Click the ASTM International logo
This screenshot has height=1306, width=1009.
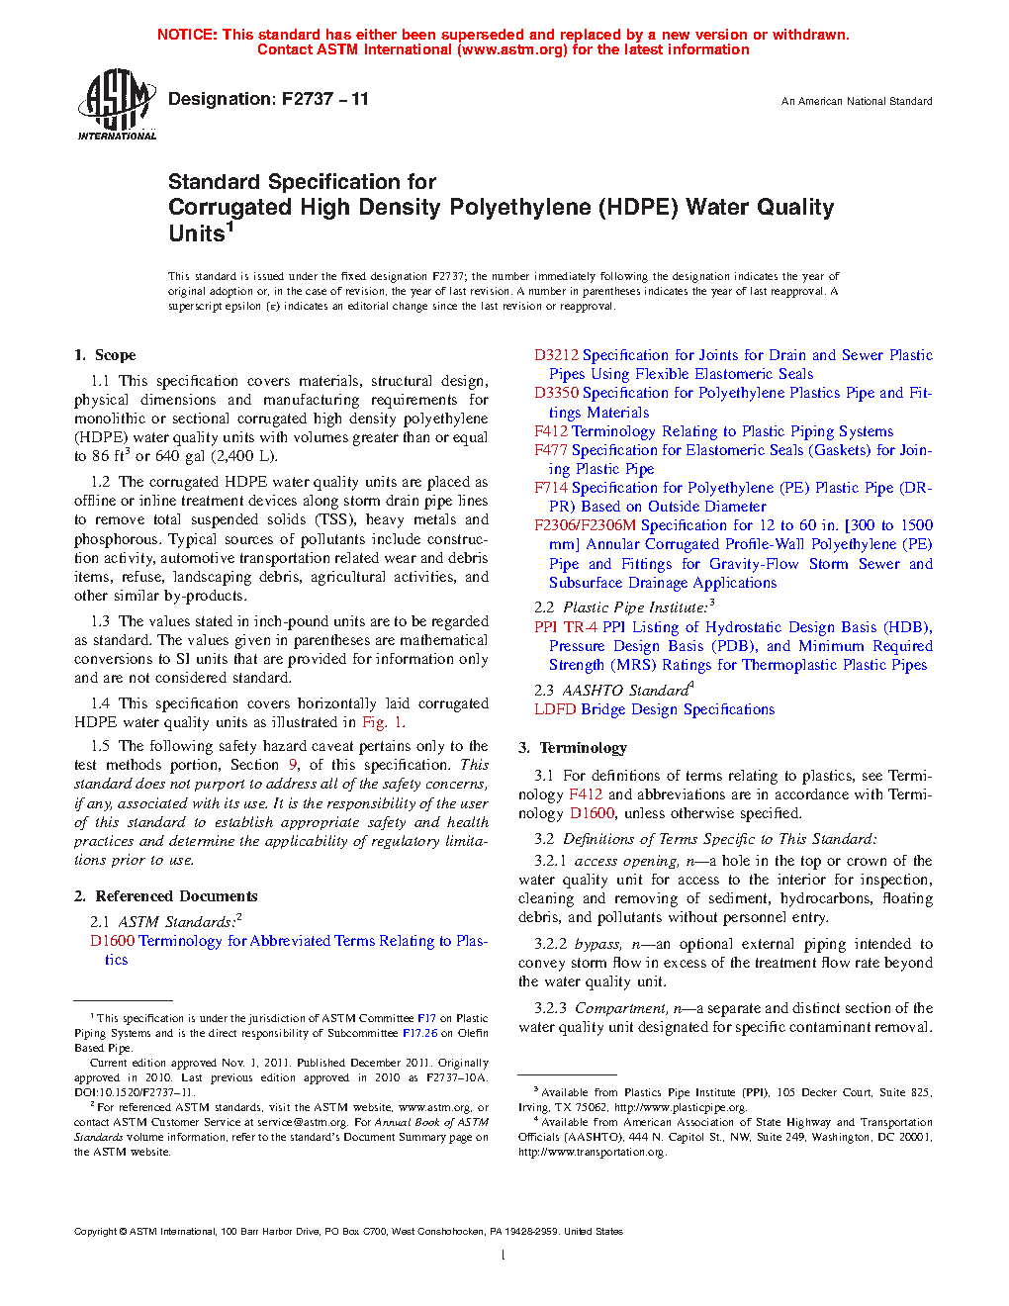pyautogui.click(x=116, y=104)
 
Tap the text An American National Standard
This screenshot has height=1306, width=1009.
pyautogui.click(x=856, y=101)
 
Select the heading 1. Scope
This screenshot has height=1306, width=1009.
pyautogui.click(x=105, y=355)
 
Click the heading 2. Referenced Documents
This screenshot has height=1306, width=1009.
pyautogui.click(x=166, y=896)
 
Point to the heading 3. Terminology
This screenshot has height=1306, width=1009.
pyautogui.click(x=573, y=748)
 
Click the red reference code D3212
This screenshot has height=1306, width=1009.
pyautogui.click(x=556, y=355)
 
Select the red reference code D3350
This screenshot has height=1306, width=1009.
pyautogui.click(x=556, y=393)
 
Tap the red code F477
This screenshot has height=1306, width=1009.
pyautogui.click(x=550, y=450)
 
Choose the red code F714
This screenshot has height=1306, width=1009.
pyautogui.click(x=550, y=488)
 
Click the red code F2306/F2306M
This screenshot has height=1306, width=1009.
pyautogui.click(x=585, y=525)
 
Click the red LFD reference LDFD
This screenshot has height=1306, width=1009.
pyautogui.click(x=555, y=709)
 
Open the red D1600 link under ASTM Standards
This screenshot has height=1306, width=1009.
pyautogui.click(x=112, y=941)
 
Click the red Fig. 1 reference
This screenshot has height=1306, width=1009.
pyautogui.click(x=383, y=723)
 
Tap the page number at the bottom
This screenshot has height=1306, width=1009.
pyautogui.click(x=504, y=1256)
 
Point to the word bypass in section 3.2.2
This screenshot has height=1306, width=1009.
pyautogui.click(x=597, y=945)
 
